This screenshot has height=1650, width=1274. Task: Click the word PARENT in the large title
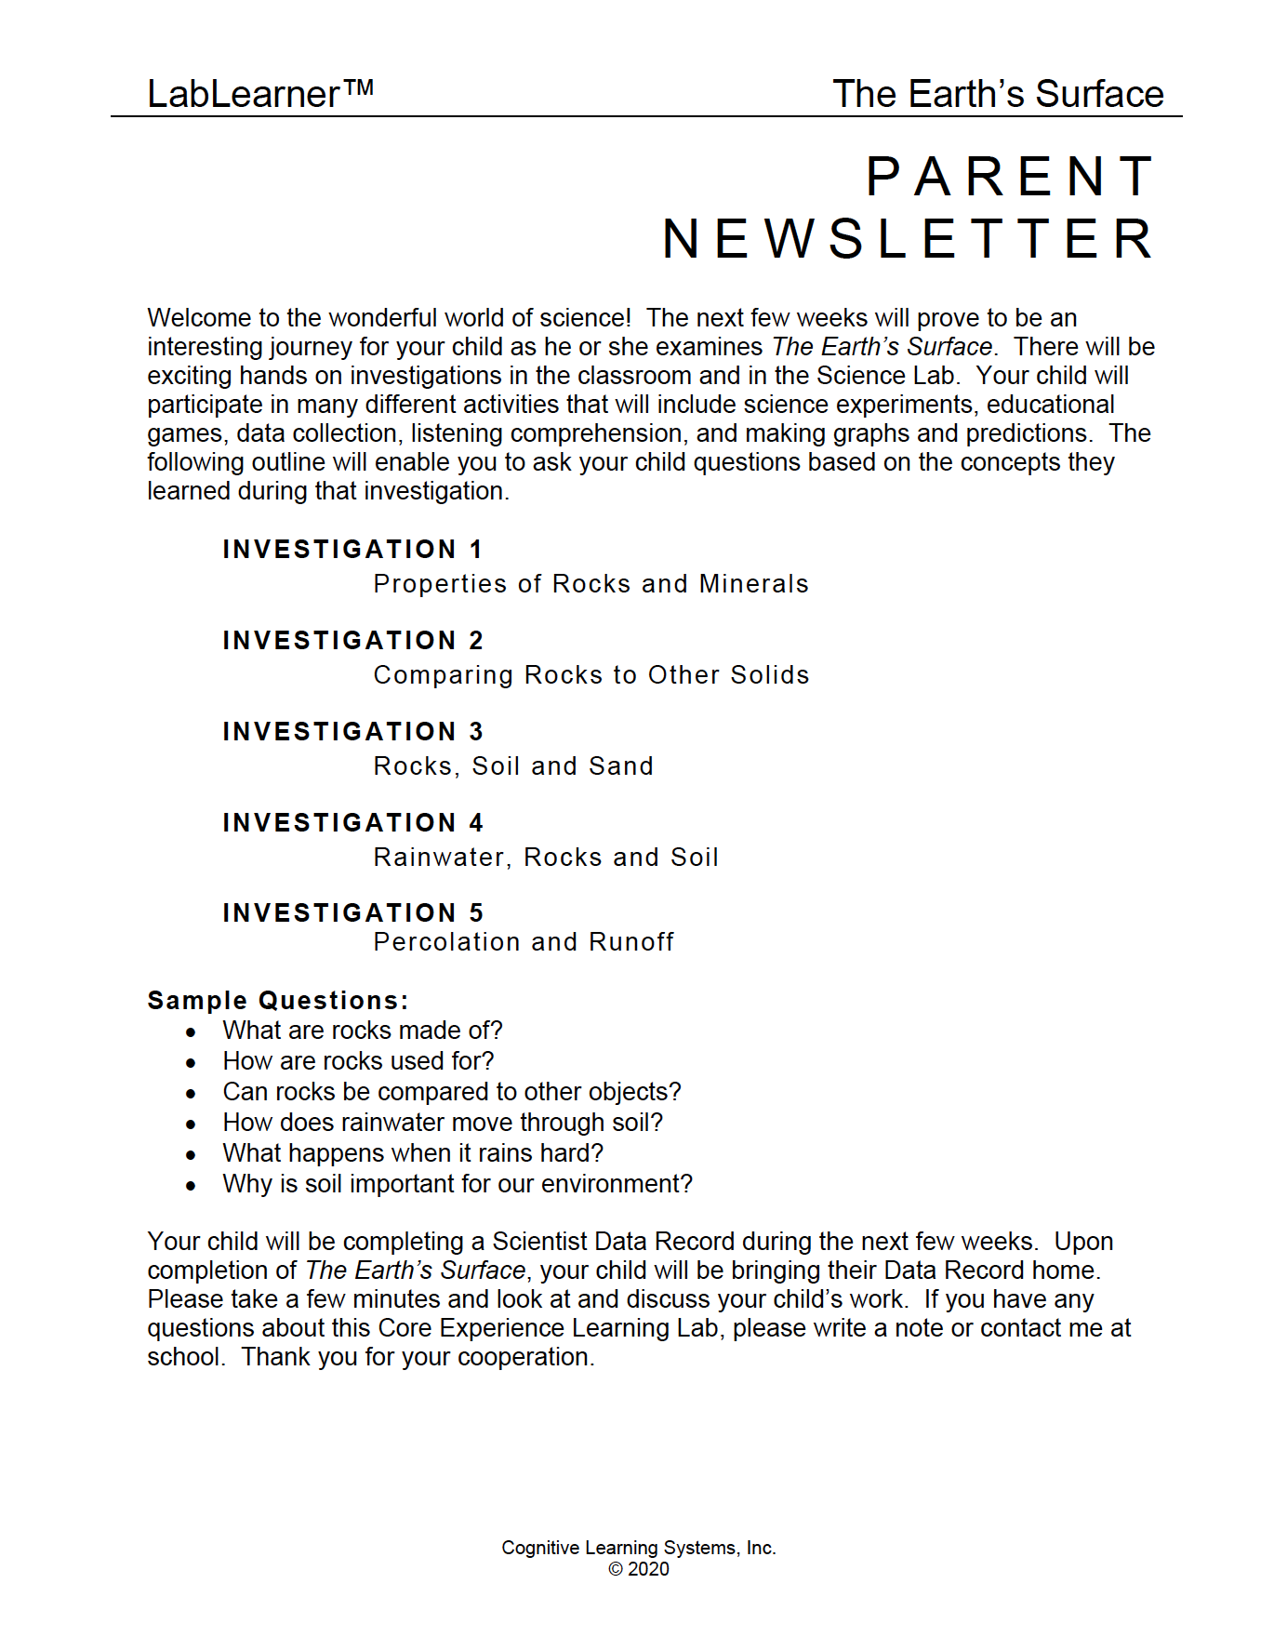click(x=1011, y=177)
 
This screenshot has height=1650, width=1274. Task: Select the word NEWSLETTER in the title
click(x=909, y=239)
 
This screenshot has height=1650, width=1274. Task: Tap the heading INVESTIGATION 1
click(x=352, y=550)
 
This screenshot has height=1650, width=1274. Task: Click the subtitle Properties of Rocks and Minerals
click(x=591, y=584)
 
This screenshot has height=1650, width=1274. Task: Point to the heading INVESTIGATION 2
click(x=352, y=641)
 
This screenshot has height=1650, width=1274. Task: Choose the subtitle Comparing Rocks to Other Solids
click(x=591, y=675)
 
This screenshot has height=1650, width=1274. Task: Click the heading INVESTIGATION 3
click(x=352, y=732)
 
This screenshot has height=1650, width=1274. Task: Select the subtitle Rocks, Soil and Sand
click(x=513, y=766)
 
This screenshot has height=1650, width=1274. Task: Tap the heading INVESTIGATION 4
click(x=352, y=823)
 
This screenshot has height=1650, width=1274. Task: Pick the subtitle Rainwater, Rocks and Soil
click(x=546, y=858)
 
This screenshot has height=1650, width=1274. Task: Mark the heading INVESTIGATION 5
click(x=352, y=913)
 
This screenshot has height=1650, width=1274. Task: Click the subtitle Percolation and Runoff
click(x=524, y=942)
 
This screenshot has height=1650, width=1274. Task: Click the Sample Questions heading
click(x=277, y=1001)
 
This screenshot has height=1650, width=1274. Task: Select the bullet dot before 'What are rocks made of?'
click(x=191, y=1032)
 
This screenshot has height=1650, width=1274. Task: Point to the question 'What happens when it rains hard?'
click(x=413, y=1153)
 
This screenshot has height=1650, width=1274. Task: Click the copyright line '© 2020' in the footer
click(x=639, y=1569)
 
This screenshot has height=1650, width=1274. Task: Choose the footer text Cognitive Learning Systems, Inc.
click(x=639, y=1548)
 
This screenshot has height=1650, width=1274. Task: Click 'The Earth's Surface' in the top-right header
click(x=998, y=94)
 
